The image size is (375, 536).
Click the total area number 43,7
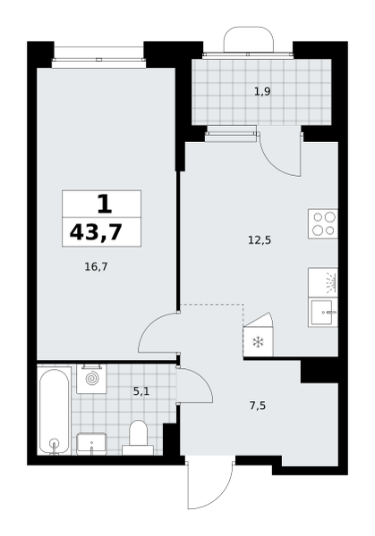[x=96, y=233]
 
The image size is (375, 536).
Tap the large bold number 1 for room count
[x=104, y=204]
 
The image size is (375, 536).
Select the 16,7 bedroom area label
[x=96, y=266]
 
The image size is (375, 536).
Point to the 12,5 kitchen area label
[x=260, y=240]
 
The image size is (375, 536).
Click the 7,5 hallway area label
[x=258, y=406]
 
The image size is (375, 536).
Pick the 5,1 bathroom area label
[x=141, y=391]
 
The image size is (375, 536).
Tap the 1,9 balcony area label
[x=262, y=92]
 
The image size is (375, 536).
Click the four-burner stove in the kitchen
[x=322, y=224]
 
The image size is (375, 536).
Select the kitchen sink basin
[x=322, y=313]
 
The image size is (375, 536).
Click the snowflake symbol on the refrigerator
[x=258, y=342]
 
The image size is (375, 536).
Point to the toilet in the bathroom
[x=138, y=438]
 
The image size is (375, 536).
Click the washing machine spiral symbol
[x=91, y=379]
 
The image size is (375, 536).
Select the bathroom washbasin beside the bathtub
[x=91, y=443]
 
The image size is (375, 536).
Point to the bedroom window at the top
[x=98, y=59]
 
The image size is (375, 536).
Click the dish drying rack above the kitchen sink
[x=322, y=282]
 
